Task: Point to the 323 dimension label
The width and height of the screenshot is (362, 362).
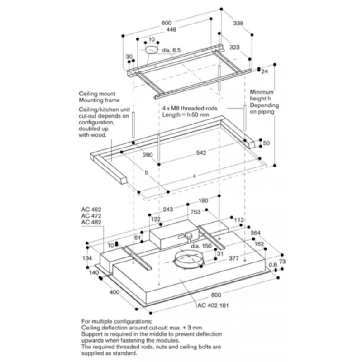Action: (234, 48)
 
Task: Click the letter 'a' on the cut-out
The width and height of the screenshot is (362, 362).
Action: (194, 176)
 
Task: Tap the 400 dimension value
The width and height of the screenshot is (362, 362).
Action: (114, 292)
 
